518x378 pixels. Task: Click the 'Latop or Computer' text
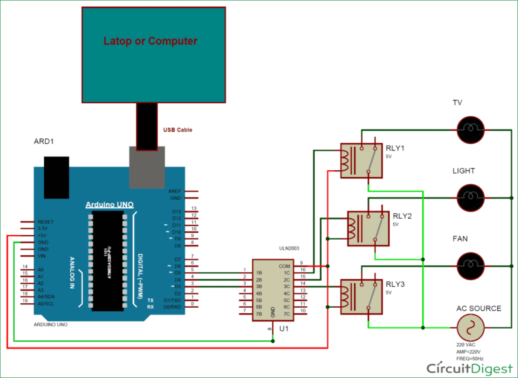tap(150, 41)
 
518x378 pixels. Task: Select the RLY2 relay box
tap(368, 228)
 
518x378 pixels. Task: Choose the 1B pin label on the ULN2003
tap(259, 273)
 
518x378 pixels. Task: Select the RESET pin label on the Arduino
tap(45, 221)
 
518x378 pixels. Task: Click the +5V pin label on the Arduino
tap(42, 236)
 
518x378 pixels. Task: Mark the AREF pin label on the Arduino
tap(175, 192)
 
